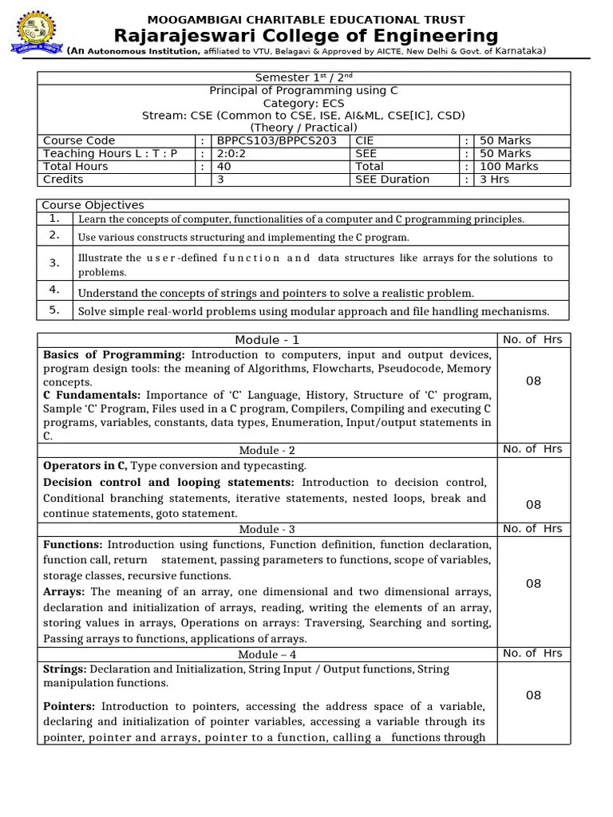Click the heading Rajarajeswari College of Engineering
(x=306, y=36)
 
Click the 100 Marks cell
(x=508, y=166)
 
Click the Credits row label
(x=63, y=179)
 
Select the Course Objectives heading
(x=93, y=205)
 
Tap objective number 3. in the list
(x=54, y=262)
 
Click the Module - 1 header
(x=267, y=340)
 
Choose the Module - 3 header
(x=267, y=529)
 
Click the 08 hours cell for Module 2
(x=533, y=504)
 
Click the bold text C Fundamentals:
(x=92, y=395)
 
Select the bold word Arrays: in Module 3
(x=65, y=591)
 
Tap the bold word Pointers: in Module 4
(x=69, y=706)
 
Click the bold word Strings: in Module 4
(x=65, y=668)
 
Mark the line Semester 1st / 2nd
(x=303, y=77)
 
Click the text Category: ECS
(x=303, y=103)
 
